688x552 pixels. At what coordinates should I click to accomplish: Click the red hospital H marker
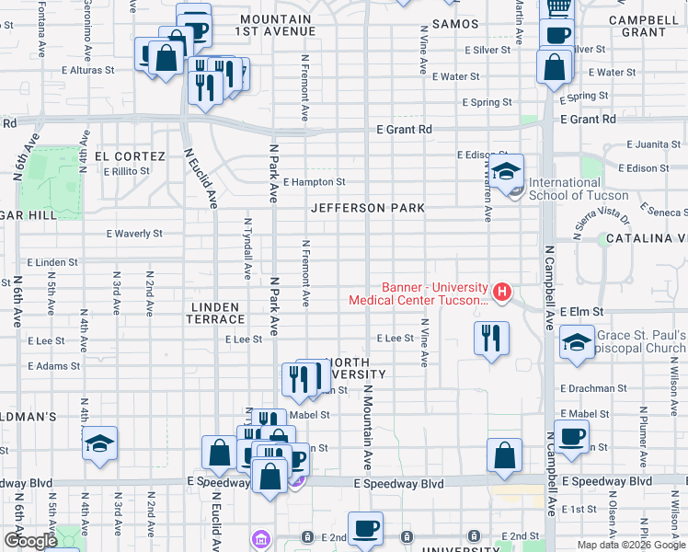point(502,293)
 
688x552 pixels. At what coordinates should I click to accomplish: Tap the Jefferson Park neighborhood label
point(368,208)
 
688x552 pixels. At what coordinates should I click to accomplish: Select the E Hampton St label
point(314,182)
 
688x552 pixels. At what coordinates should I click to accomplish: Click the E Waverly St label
point(134,234)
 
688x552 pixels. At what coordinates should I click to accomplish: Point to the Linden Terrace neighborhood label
point(217,313)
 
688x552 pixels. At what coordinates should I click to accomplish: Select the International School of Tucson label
point(579,189)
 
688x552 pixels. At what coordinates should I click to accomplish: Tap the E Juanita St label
point(652,144)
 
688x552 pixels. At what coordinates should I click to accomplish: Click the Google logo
point(31,541)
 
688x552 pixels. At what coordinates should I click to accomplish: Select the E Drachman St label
point(591,389)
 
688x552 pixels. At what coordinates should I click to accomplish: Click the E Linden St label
point(52,262)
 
